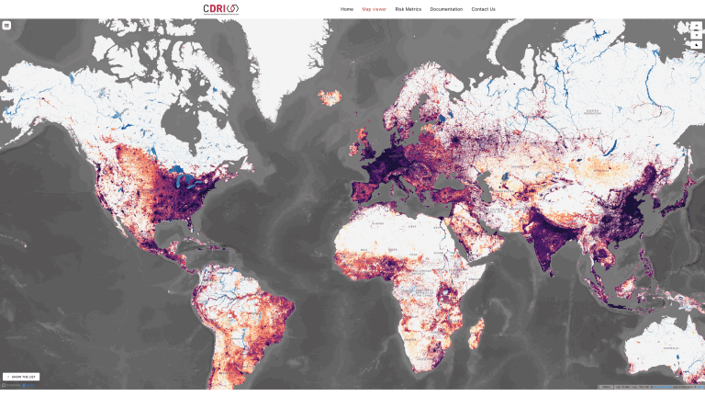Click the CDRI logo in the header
click(x=220, y=9)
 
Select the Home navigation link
click(x=347, y=9)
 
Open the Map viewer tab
click(x=374, y=9)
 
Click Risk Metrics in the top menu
click(x=408, y=9)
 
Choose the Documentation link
click(x=446, y=9)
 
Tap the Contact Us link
click(x=483, y=9)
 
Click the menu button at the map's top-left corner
click(x=6, y=26)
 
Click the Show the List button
click(x=21, y=377)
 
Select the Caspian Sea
click(x=486, y=179)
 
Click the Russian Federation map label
click(x=587, y=111)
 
